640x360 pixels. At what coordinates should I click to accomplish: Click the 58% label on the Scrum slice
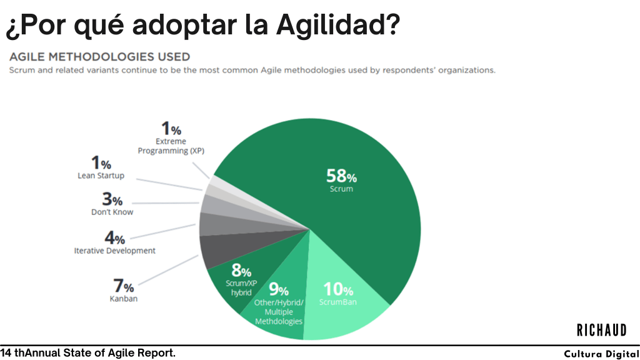(x=341, y=176)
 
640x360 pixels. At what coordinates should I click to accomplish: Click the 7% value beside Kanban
(x=123, y=287)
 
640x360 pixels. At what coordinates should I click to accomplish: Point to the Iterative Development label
(x=114, y=251)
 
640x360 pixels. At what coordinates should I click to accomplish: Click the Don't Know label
(x=112, y=212)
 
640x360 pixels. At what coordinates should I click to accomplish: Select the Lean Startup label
(x=101, y=176)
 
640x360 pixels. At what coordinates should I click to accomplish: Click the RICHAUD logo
(x=601, y=330)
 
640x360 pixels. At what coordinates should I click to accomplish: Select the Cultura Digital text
(x=601, y=354)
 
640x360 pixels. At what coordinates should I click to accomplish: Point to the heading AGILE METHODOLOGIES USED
(x=99, y=57)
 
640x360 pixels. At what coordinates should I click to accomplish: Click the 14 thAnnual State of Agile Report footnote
(x=87, y=353)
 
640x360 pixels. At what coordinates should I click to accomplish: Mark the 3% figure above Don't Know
(x=112, y=200)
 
